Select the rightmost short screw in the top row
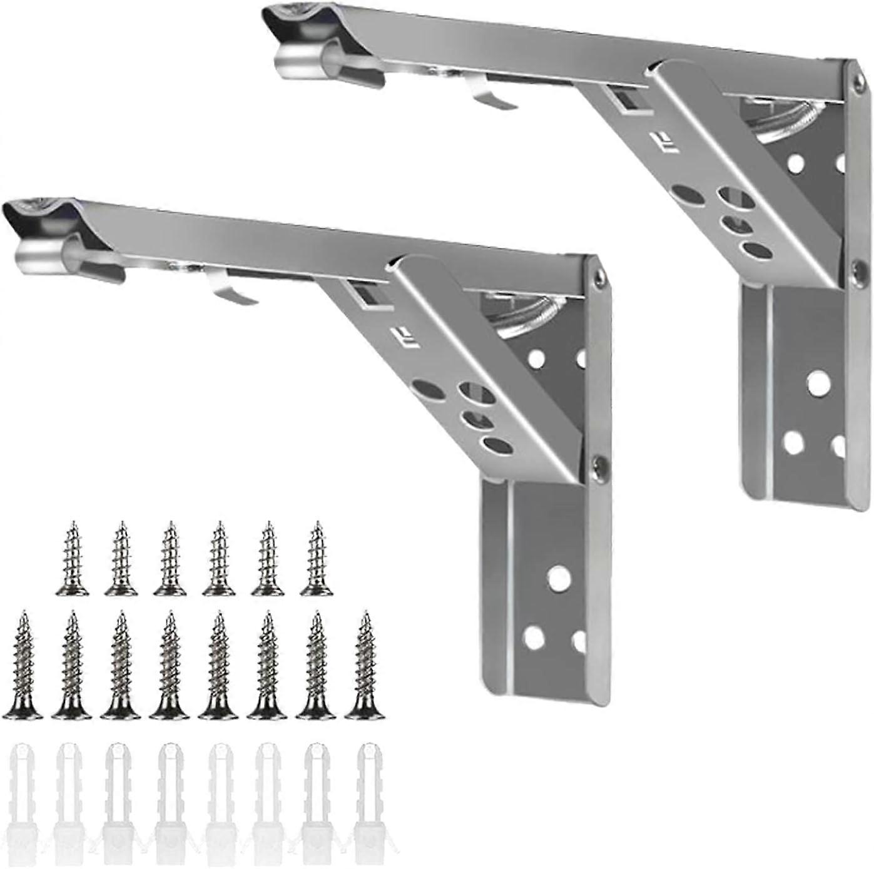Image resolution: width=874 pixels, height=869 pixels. tap(317, 559)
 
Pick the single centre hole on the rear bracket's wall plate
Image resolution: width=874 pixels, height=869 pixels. tap(817, 384)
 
